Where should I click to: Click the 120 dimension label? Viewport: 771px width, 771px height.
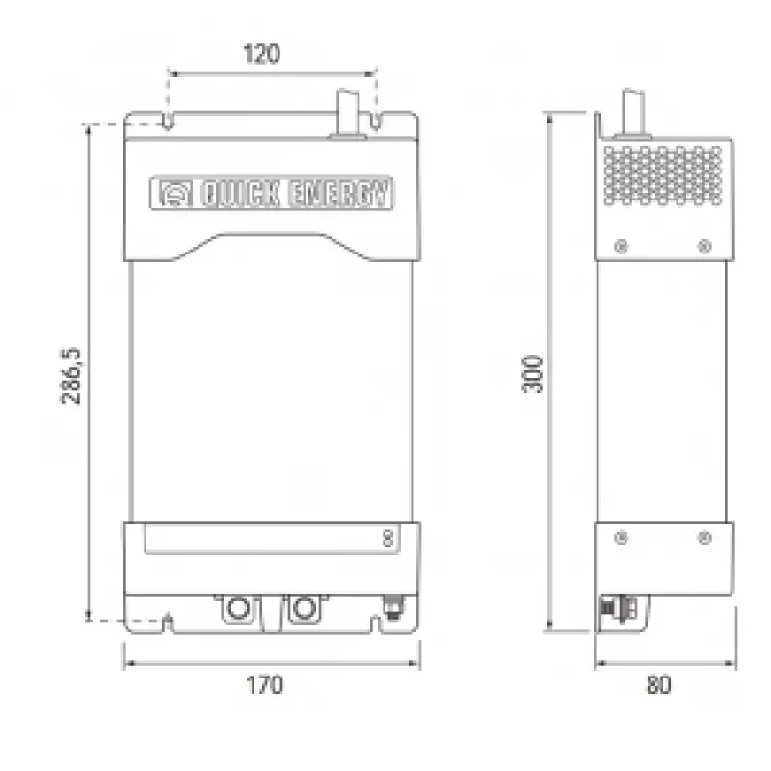262,54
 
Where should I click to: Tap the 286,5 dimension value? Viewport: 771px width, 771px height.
70,376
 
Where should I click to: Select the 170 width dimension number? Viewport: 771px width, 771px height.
264,685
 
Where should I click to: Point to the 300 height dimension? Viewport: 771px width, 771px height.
532,374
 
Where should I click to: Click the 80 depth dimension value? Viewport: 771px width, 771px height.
659,685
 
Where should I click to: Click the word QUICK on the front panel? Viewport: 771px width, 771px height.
240,194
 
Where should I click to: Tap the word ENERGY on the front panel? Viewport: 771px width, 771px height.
339,194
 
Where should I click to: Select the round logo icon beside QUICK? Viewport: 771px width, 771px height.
175,194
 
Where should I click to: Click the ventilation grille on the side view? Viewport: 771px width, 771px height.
663,175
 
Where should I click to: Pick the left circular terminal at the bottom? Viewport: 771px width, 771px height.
239,608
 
